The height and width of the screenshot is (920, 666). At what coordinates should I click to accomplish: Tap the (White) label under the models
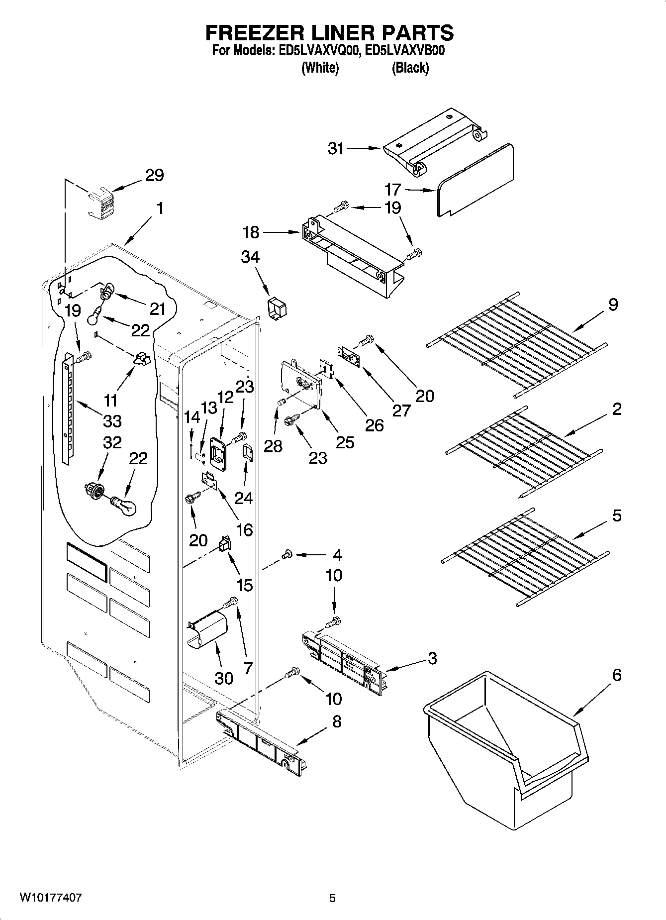coord(320,68)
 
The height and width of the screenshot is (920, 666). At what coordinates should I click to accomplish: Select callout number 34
coord(250,257)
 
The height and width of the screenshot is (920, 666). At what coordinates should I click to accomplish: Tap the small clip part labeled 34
coord(277,308)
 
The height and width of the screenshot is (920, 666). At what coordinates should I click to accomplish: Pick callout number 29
coord(154,175)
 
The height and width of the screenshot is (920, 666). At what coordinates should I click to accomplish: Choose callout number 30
coord(224,678)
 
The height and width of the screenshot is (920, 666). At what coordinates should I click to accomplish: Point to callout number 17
coord(392,190)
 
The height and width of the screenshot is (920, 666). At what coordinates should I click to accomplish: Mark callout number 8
coord(337,721)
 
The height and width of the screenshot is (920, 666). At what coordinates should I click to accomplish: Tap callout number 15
coord(245,584)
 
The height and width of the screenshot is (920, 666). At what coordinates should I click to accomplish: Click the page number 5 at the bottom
coord(332,898)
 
